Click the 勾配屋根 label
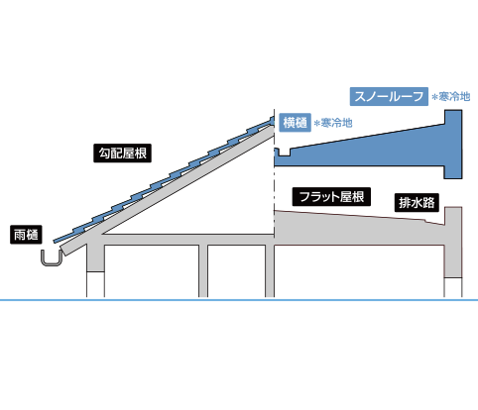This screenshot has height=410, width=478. tap(122, 154)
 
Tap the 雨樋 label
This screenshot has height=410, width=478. tap(26, 235)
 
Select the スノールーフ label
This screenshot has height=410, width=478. tap(389, 96)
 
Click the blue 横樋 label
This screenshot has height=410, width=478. tap(295, 123)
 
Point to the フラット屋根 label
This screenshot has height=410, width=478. tap(331, 197)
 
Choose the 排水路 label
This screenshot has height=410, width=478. tap(417, 202)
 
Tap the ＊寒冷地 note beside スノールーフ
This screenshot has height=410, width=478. tap(451, 97)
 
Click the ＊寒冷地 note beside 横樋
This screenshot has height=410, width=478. tap(333, 123)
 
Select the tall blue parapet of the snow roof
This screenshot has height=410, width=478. tap(453, 145)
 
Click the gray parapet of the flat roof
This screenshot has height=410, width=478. tap(453, 242)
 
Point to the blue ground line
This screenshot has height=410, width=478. tap(239, 300)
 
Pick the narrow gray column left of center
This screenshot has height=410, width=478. tap(203, 270)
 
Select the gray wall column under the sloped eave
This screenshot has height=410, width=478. tap(95, 257)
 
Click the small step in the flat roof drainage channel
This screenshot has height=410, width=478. tap(426, 221)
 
